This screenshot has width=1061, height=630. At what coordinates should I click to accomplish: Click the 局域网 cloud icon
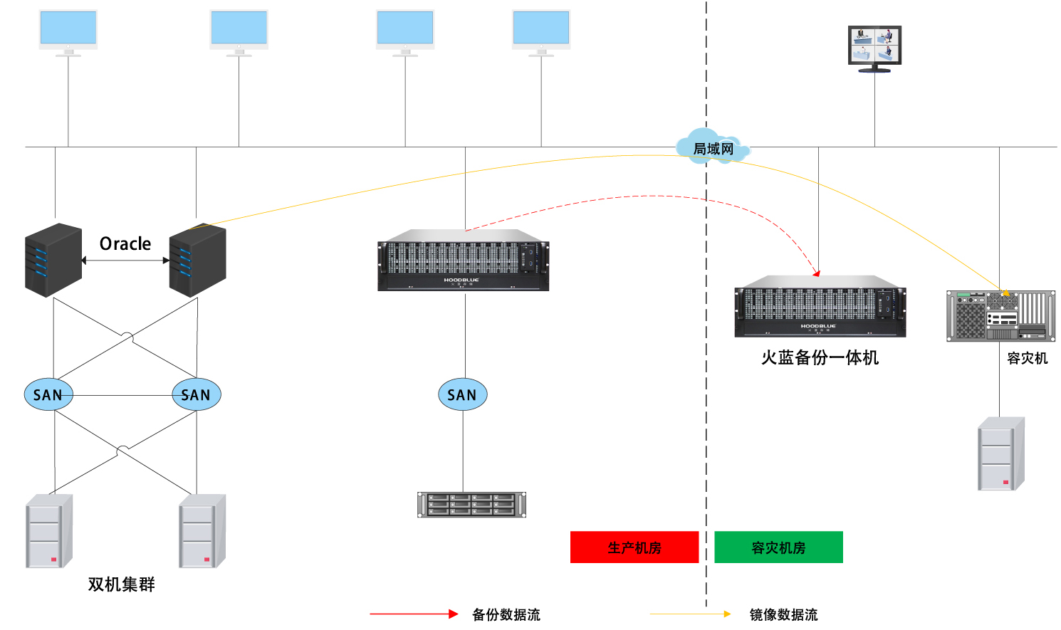tap(713, 148)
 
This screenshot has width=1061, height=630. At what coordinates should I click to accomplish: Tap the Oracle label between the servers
tap(125, 244)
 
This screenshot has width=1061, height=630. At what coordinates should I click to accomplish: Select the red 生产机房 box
tap(634, 547)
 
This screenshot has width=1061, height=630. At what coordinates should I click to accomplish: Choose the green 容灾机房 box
tap(778, 547)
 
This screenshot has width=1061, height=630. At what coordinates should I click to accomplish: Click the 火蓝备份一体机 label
tap(820, 357)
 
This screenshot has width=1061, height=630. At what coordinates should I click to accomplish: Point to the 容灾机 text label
tap(1027, 358)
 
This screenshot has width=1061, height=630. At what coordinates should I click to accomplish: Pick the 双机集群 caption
tap(121, 584)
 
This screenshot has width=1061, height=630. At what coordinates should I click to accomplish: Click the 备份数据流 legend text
tap(506, 614)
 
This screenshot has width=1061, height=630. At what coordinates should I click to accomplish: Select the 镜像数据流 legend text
tap(783, 614)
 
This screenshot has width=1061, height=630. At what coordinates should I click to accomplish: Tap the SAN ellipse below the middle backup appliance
tap(462, 394)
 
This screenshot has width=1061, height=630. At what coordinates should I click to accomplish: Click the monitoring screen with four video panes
tap(874, 46)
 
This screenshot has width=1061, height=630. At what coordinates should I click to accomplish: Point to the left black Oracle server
tap(53, 260)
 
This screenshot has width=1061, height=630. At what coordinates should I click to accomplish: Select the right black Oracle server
tap(197, 260)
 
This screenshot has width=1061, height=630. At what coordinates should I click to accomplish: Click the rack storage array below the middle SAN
tap(471, 504)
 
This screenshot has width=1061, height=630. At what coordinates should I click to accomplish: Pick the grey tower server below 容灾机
tap(1000, 454)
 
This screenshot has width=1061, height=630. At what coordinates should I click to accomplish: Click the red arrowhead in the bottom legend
tap(454, 614)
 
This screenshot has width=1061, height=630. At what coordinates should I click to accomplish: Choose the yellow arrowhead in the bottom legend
tap(727, 614)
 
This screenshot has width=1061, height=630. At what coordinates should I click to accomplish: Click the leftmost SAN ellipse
tap(48, 394)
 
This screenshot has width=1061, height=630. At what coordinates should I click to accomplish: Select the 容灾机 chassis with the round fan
tap(1000, 315)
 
